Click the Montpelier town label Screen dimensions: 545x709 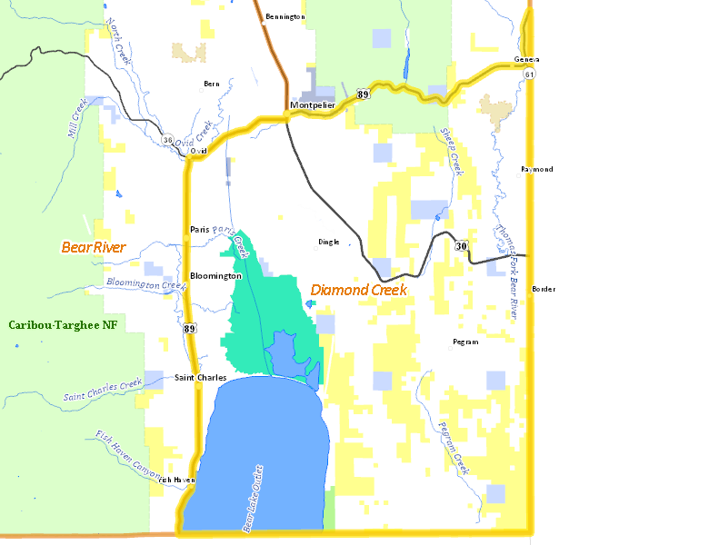[313, 105]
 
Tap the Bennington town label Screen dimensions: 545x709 [285, 16]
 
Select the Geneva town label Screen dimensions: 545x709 [526, 59]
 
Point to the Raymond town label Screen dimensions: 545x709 [536, 169]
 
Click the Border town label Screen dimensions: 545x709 [544, 289]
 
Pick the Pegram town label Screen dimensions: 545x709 [464, 342]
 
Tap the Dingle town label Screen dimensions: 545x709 [328, 242]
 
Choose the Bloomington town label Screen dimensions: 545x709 [216, 275]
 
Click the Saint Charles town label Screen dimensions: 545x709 [201, 378]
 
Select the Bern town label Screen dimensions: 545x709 [212, 84]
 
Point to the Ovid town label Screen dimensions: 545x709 [199, 150]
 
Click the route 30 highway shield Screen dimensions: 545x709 [462, 246]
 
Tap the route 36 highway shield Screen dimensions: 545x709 [167, 140]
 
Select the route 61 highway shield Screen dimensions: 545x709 [530, 73]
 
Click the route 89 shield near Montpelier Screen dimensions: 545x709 [363, 94]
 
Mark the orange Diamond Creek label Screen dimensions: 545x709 [358, 290]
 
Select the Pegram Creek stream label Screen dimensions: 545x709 [452, 448]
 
